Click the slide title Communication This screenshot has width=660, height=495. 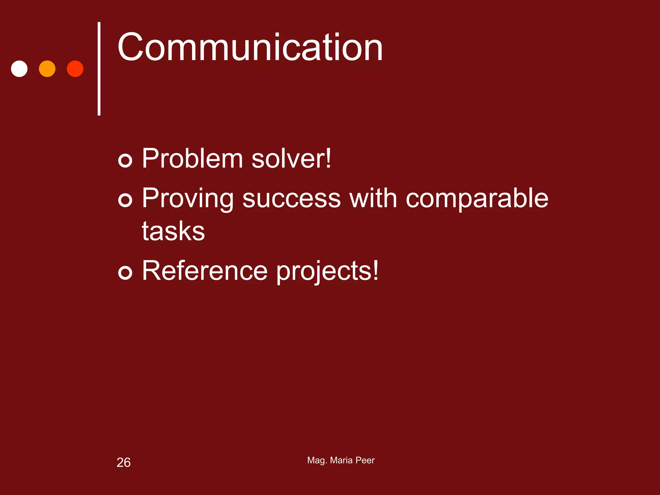250,48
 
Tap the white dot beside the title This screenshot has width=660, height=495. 19,69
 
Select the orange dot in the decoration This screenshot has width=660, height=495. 47,69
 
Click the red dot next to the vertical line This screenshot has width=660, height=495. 75,69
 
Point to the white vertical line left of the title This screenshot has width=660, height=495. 99,68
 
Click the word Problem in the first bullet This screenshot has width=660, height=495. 192,159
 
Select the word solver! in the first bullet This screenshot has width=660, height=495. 291,159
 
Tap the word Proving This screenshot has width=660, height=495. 188,199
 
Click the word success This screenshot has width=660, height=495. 292,199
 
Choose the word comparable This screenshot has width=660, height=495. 477,199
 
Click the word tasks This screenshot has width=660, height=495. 173,231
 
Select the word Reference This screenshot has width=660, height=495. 205,271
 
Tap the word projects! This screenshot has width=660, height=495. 327,271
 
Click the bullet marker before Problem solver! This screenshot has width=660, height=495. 125,160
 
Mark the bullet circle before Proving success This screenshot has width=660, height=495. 125,200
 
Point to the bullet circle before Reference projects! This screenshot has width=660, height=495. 125,272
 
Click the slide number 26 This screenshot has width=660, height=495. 123,462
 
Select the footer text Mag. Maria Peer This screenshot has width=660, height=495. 341,460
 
